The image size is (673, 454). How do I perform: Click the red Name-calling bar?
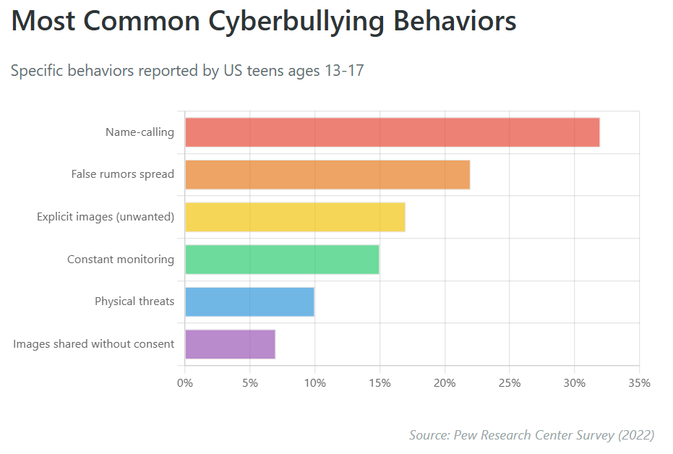392,132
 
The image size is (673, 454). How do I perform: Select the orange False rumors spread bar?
327,174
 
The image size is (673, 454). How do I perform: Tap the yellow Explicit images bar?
295,217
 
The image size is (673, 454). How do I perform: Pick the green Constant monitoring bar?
282,260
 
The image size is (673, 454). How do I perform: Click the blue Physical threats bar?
249,301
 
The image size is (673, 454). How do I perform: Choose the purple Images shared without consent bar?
230,344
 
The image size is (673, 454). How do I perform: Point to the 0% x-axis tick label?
185,382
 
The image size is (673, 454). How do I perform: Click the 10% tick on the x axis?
314,382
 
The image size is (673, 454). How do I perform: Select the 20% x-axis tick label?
445,382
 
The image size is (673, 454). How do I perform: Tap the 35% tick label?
639,382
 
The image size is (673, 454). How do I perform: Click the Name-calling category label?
140,132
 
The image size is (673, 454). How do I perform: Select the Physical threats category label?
134,301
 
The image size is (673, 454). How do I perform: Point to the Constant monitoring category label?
121,260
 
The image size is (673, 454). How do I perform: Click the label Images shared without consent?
93,344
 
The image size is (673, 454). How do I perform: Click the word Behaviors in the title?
455,22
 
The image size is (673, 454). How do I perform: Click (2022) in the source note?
635,434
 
